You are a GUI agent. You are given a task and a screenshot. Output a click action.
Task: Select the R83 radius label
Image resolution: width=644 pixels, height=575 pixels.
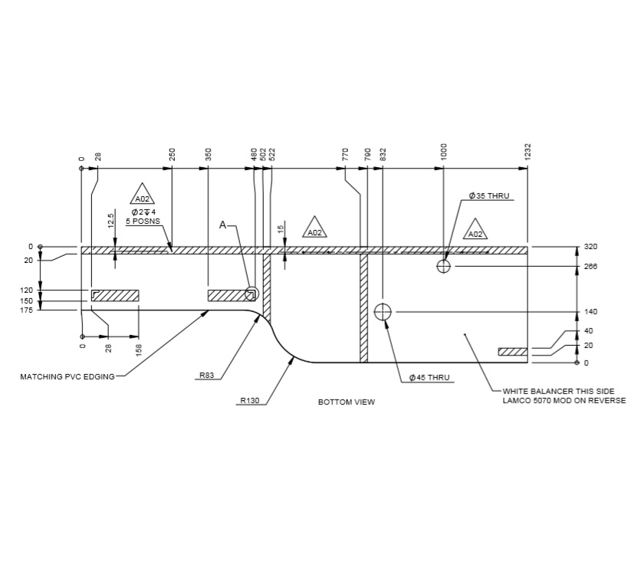(207, 376)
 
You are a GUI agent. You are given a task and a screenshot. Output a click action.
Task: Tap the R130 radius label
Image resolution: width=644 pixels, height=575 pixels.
(250, 401)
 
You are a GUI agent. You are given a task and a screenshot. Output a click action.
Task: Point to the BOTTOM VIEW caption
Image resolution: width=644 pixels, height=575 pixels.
(347, 402)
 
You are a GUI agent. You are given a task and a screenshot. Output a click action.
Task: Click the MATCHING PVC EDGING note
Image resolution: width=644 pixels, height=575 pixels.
(67, 377)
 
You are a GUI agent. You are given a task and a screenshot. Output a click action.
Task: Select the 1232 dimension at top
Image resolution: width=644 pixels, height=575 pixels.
(528, 152)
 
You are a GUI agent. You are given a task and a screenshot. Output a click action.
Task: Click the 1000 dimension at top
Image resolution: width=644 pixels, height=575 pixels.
(443, 152)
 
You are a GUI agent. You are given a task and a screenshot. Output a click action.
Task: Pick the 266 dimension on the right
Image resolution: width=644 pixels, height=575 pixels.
(590, 267)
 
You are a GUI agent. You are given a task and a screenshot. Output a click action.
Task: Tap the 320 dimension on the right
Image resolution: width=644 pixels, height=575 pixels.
(590, 247)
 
